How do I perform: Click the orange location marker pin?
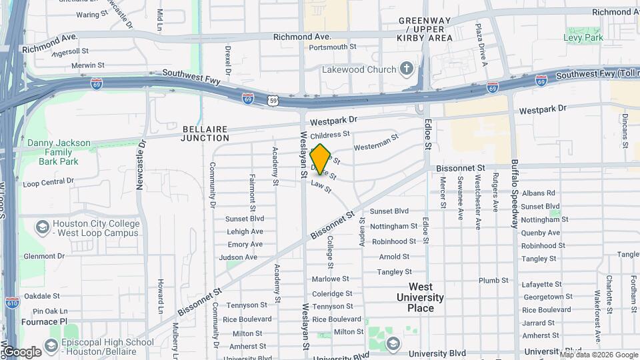(320, 159)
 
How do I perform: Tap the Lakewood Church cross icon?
(407, 69)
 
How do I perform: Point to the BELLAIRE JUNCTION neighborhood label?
(206, 133)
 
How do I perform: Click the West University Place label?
(420, 297)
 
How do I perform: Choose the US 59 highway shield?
(273, 101)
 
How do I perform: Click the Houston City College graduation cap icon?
(42, 227)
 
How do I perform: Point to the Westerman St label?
(376, 141)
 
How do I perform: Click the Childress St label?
(325, 134)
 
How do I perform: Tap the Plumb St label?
(494, 281)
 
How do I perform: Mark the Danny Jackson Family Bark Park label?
(59, 152)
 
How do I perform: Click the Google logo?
(21, 351)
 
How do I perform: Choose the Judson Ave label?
(241, 257)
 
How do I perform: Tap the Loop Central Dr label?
(48, 183)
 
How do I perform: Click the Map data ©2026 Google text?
(598, 354)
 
